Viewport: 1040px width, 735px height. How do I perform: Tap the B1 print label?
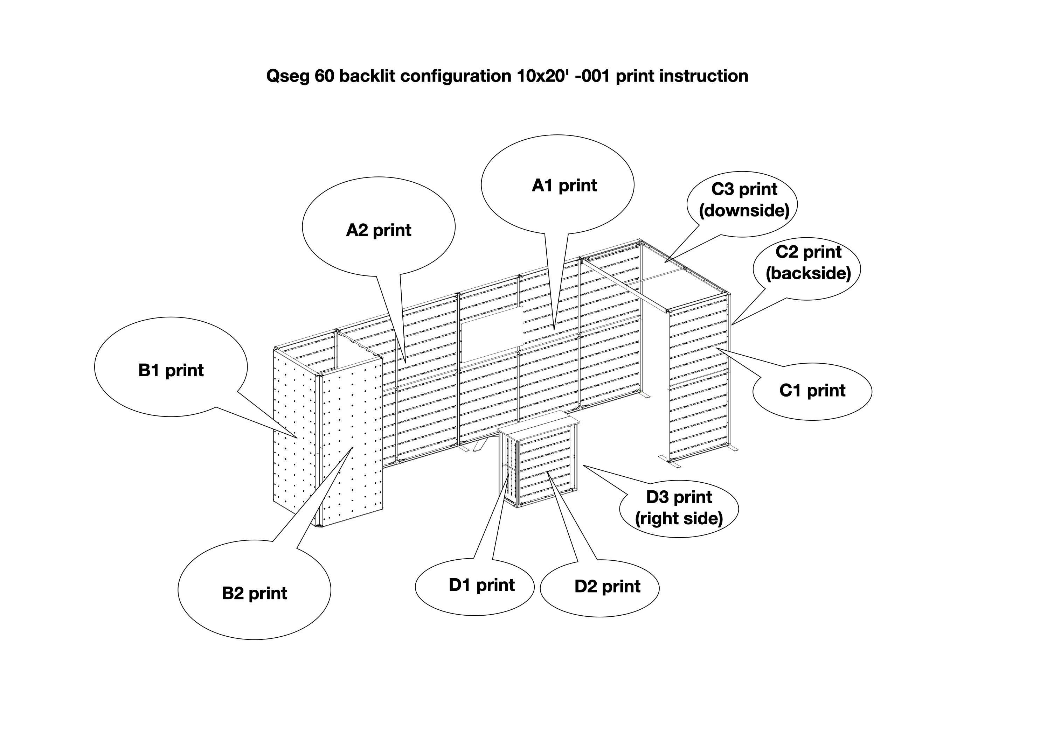[x=171, y=370]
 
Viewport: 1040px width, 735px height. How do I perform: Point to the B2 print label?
[x=254, y=593]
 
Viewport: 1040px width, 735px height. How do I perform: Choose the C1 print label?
[x=812, y=390]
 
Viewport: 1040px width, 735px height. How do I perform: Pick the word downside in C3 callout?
[x=744, y=211]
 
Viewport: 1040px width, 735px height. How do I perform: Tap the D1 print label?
[x=481, y=585]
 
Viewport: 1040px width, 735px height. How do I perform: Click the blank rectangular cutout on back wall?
[x=492, y=334]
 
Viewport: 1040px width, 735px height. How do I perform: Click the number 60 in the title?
[x=324, y=76]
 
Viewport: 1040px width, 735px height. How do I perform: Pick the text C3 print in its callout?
[x=744, y=189]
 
